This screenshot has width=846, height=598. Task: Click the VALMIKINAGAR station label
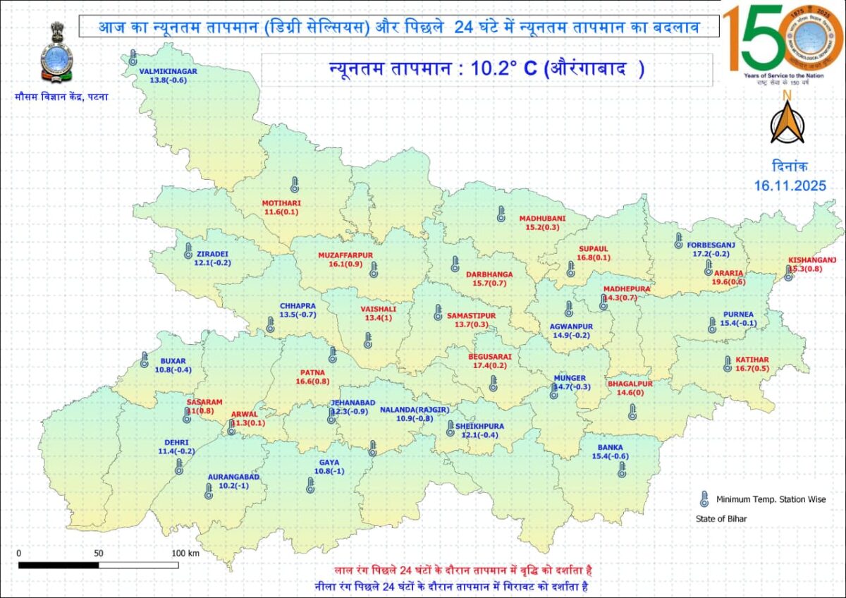point(168,71)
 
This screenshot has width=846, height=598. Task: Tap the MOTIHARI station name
point(282,203)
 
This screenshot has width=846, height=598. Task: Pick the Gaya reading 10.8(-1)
point(329,471)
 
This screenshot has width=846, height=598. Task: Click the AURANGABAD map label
point(233,477)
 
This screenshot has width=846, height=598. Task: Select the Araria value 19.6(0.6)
point(729,282)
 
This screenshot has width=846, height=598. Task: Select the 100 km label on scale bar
point(185,554)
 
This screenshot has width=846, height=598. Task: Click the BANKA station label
point(611,447)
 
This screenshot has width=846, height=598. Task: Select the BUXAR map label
point(173,361)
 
